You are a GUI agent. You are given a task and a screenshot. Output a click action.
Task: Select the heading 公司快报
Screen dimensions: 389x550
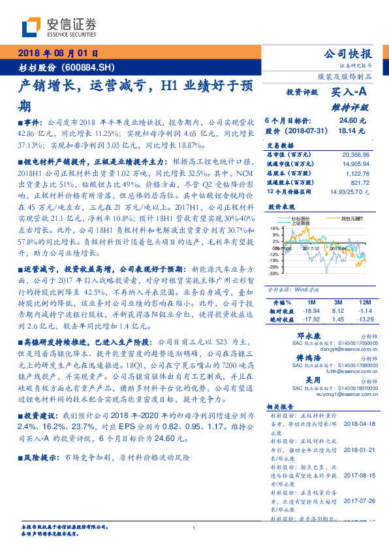pos(349,54)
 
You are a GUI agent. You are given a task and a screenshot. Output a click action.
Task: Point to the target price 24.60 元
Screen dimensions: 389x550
pos(353,121)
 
